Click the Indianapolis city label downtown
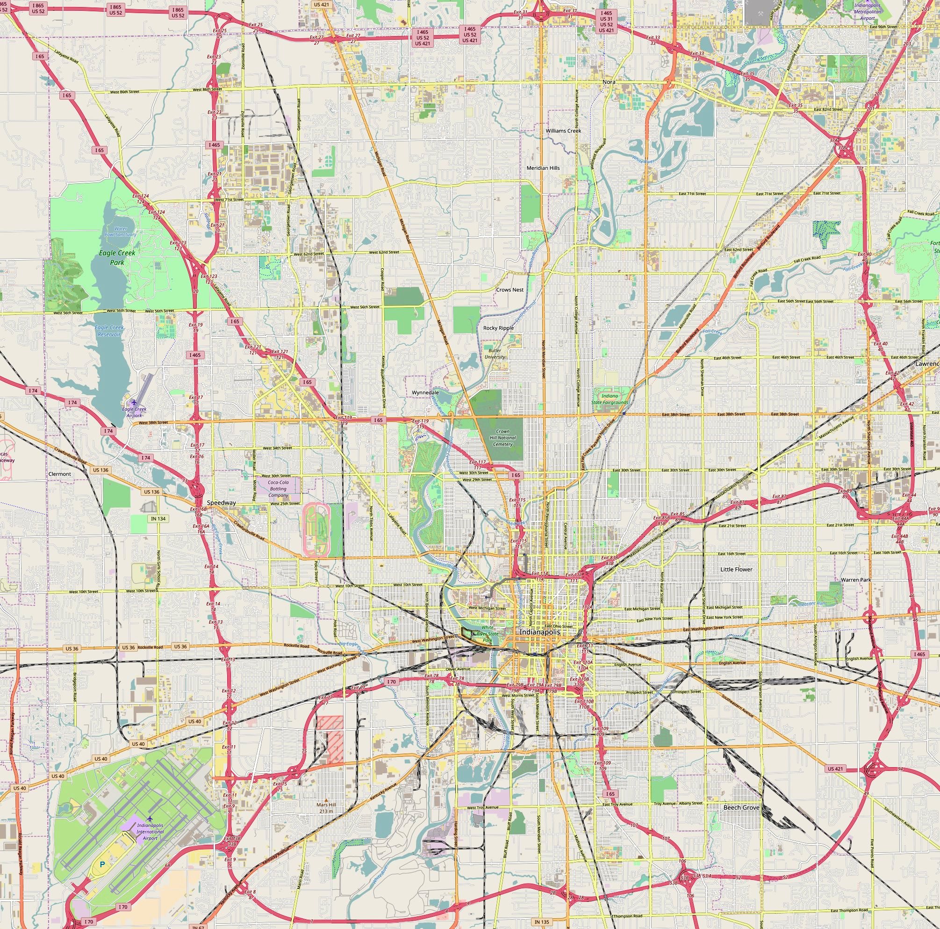[x=539, y=632]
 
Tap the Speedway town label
[x=221, y=502]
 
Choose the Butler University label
[x=495, y=354]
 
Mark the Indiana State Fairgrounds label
[x=610, y=399]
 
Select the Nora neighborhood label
[x=609, y=82]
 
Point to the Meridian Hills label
[x=543, y=168]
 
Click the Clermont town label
[x=60, y=474]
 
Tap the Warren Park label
[x=855, y=580]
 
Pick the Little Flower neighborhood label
[x=736, y=569]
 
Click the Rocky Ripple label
[x=498, y=328]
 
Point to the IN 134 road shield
[x=158, y=519]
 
